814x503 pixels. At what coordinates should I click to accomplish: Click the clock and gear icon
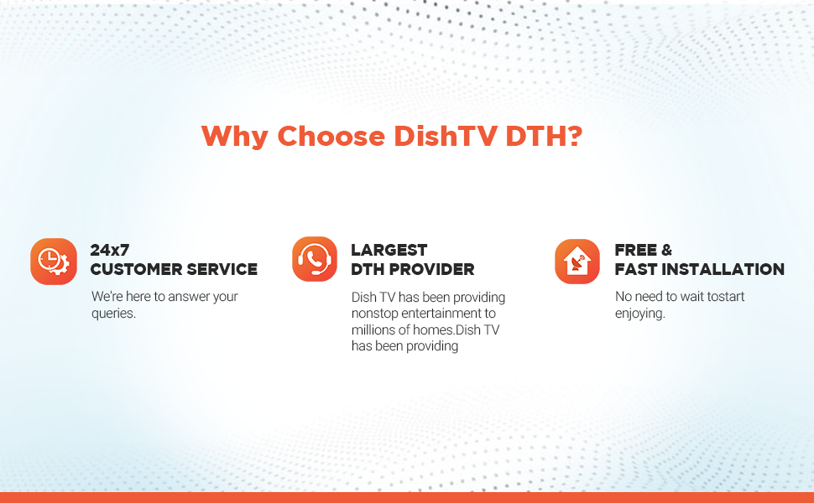tap(54, 261)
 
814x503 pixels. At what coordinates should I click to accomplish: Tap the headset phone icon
tap(315, 259)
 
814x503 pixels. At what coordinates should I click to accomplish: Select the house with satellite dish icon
tap(577, 262)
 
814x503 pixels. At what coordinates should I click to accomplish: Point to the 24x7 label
tap(110, 250)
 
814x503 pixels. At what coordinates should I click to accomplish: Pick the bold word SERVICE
tap(223, 269)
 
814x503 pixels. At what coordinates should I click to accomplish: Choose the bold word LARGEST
tap(389, 250)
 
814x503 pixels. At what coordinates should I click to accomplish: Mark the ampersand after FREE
tap(667, 250)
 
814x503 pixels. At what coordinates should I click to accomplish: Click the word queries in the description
tap(112, 314)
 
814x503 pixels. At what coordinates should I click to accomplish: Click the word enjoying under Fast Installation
tap(639, 314)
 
